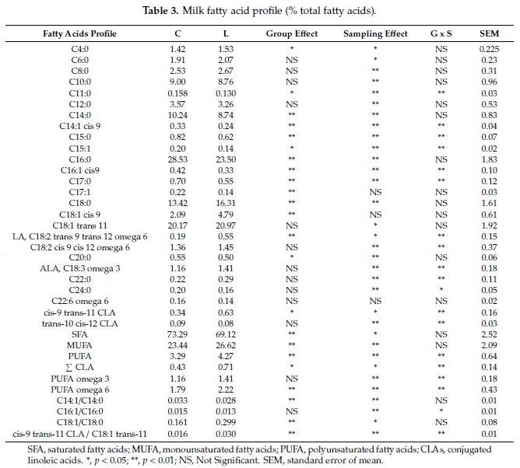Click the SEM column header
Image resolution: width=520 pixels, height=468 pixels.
click(x=489, y=33)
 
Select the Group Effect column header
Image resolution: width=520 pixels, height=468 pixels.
click(x=291, y=33)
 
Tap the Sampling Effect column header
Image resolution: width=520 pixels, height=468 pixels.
click(x=375, y=33)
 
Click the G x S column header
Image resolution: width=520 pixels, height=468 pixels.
click(x=441, y=33)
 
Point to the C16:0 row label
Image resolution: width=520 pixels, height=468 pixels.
click(x=80, y=159)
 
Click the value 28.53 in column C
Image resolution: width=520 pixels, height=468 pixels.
click(x=177, y=159)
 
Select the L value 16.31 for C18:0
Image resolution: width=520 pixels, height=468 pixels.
click(x=226, y=203)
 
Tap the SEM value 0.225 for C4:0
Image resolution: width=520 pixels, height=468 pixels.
click(x=489, y=49)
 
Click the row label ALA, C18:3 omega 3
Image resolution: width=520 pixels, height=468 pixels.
click(x=80, y=268)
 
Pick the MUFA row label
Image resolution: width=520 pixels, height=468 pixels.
click(x=79, y=345)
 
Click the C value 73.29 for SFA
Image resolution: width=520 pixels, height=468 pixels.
click(x=177, y=334)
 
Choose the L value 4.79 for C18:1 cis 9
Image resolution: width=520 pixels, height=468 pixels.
click(x=226, y=215)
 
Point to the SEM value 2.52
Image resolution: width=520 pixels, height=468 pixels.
click(x=489, y=334)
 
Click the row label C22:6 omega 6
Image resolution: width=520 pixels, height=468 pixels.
click(x=80, y=301)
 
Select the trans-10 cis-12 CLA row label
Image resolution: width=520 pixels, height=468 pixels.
click(x=80, y=323)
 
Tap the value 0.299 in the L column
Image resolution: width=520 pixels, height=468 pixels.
click(x=226, y=422)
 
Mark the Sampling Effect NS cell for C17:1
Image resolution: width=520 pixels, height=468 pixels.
click(x=375, y=192)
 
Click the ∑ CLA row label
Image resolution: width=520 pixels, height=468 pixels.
click(x=79, y=367)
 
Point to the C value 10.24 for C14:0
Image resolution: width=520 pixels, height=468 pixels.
click(x=177, y=115)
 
